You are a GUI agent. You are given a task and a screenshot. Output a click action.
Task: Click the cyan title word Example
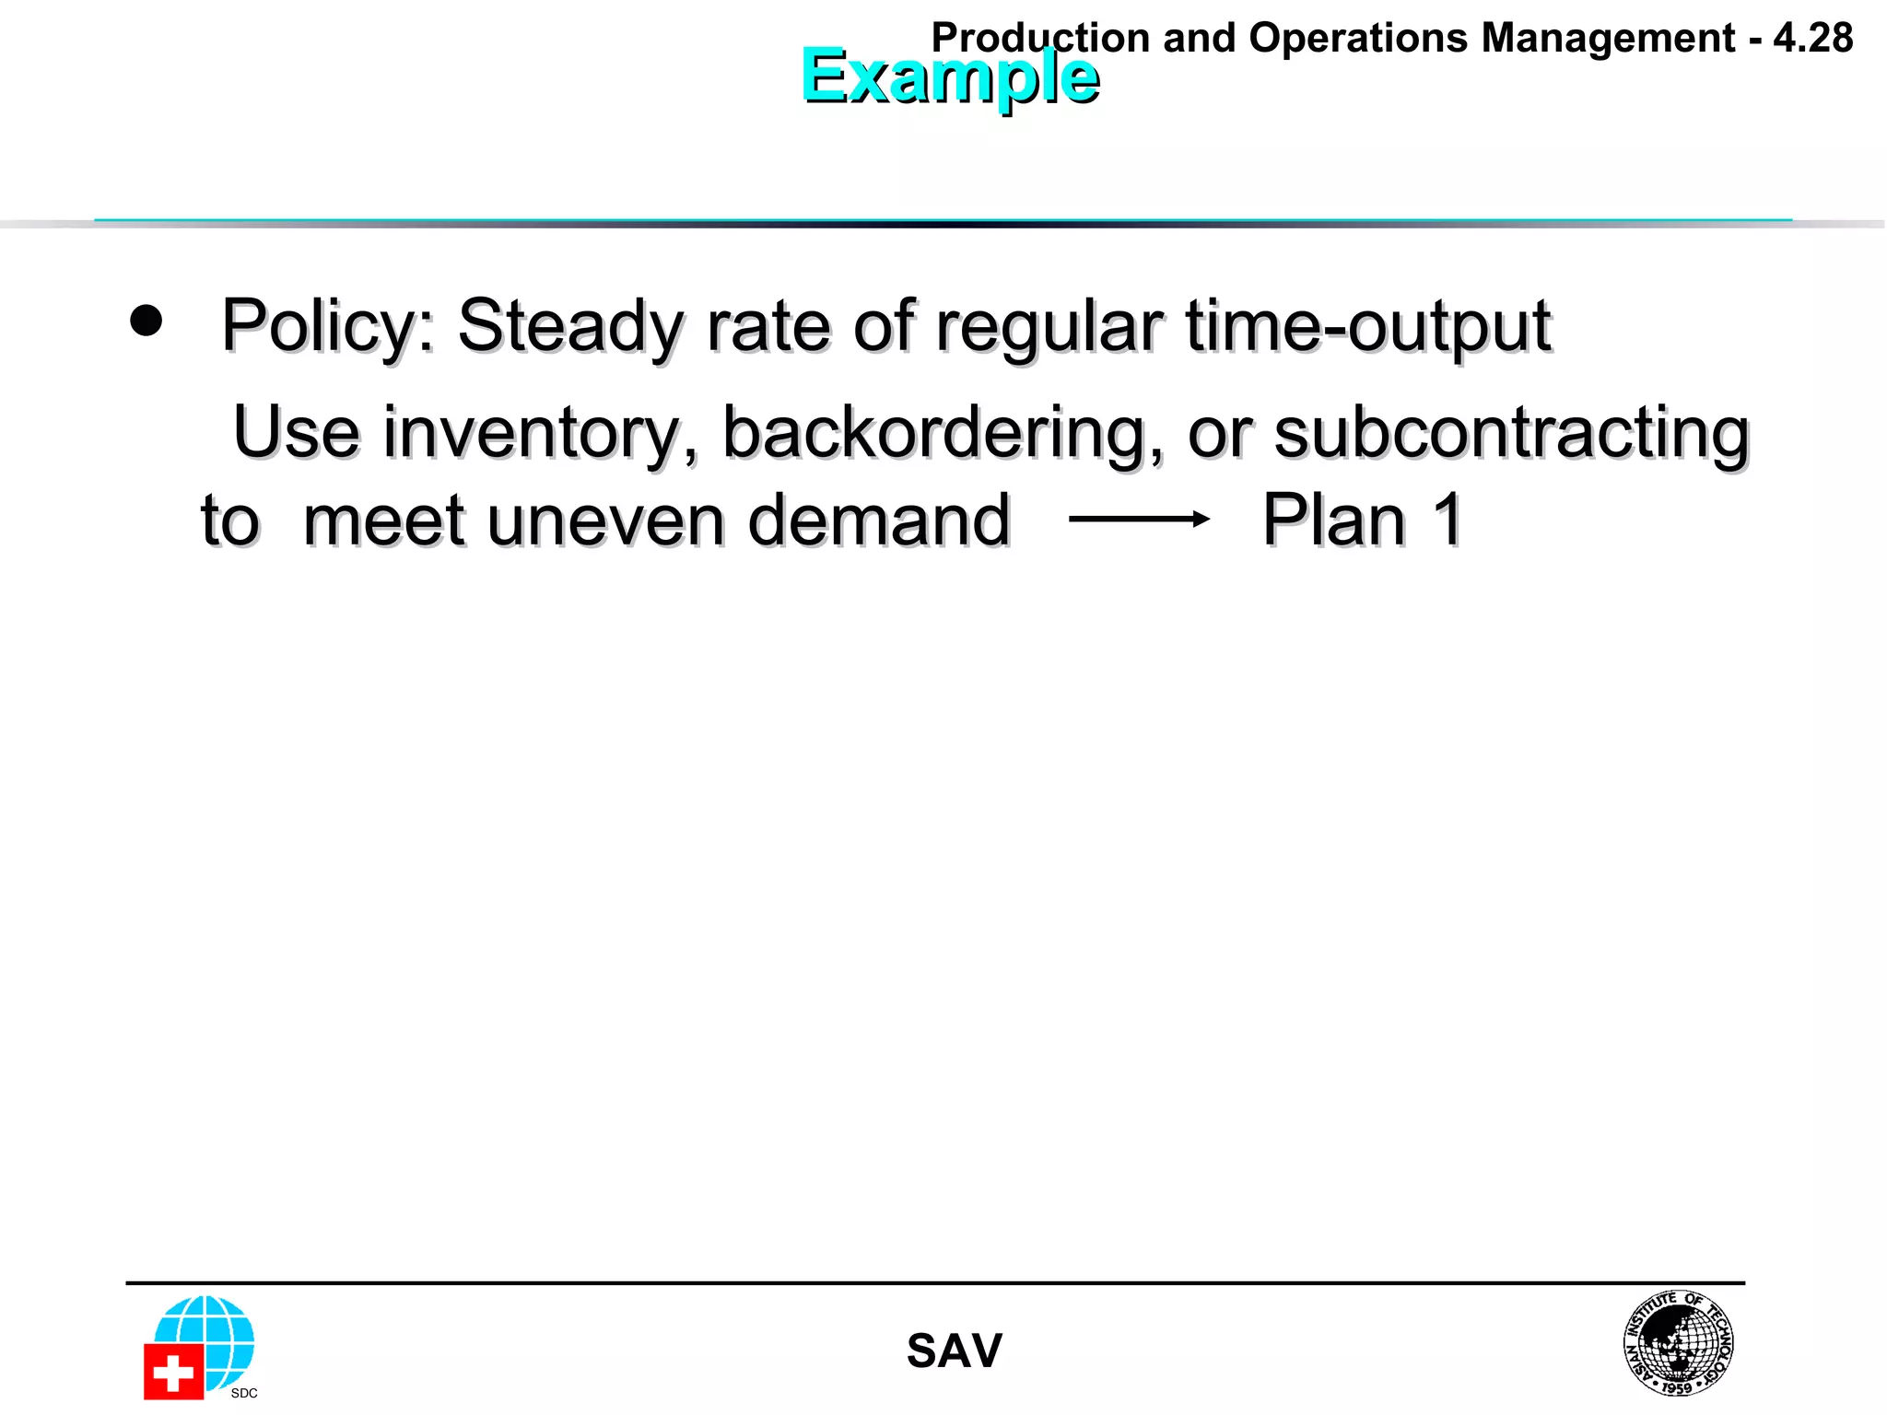tap(949, 76)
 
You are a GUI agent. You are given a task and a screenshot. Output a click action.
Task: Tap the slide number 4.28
tap(1812, 39)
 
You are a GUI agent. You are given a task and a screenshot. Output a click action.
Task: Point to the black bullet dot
tap(146, 321)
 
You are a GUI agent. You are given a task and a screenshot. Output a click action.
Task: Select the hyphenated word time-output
tap(1368, 326)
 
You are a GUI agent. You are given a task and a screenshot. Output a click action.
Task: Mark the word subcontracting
tap(1511, 433)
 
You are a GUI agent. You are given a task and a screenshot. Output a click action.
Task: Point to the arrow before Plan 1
tap(1139, 520)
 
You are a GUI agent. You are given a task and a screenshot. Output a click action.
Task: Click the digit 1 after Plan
tap(1447, 520)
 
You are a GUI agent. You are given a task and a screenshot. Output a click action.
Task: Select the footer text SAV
tap(954, 1351)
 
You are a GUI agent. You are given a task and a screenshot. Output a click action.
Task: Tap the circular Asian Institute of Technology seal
tap(1678, 1343)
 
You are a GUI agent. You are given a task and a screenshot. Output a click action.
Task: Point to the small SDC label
tap(244, 1393)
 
